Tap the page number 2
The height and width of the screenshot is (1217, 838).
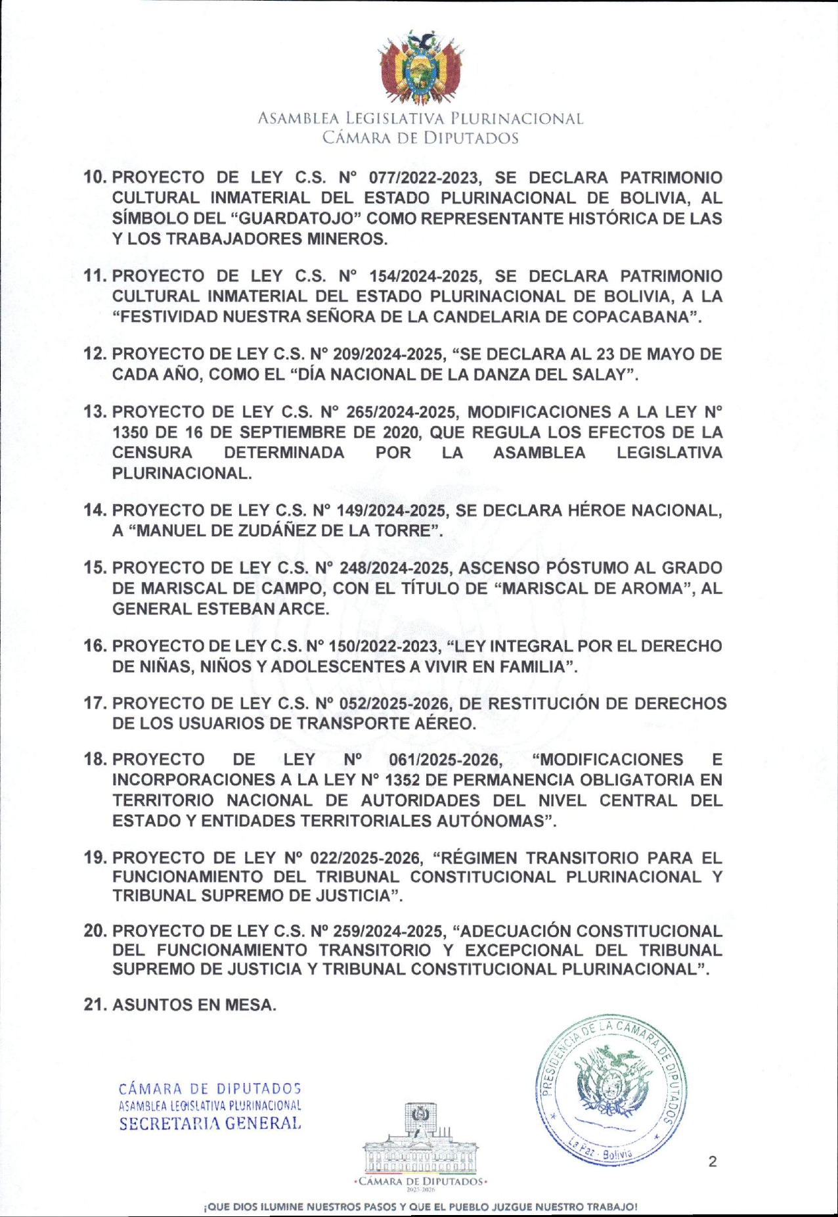(713, 1162)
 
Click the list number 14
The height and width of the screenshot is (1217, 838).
(95, 511)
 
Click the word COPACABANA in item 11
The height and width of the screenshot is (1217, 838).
(632, 317)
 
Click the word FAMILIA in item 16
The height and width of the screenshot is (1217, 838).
(533, 666)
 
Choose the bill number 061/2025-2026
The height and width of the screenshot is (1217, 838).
(445, 760)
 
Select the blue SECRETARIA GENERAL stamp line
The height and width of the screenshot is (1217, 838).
(210, 1124)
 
